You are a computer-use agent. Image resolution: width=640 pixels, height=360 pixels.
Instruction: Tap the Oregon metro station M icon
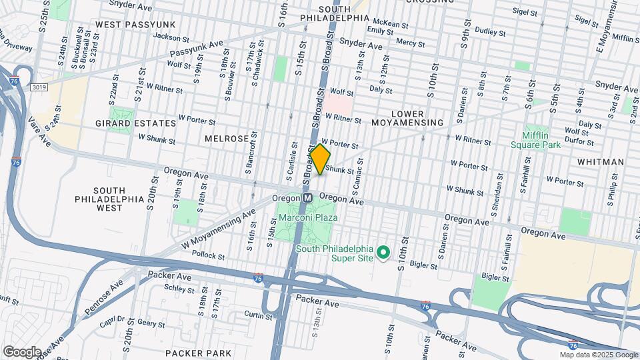pos(308,198)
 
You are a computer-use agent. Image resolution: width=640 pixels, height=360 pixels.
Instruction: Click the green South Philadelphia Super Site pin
pos(383,253)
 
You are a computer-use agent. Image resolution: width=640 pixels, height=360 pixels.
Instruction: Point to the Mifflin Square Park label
pos(535,139)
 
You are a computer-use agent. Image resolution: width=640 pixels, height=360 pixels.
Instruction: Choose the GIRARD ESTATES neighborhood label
pos(136,123)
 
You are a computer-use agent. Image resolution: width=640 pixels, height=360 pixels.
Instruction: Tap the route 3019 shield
pos(39,87)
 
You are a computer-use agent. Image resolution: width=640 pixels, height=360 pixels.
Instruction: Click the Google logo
pos(22,351)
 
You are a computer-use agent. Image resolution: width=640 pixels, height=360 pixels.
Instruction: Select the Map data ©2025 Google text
pos(598,355)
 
